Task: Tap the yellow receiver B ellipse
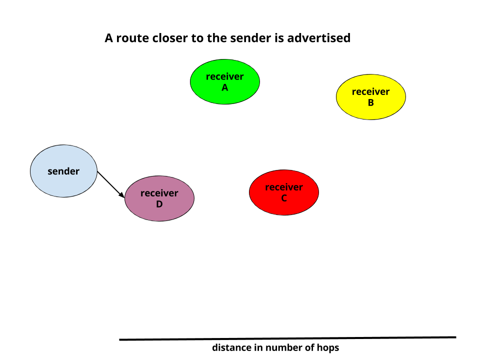(370, 111)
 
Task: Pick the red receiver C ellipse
(284, 206)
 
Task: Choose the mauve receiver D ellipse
(159, 212)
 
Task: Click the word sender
(63, 171)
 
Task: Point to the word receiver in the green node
(225, 76)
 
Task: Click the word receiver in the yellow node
(370, 91)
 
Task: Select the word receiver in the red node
(284, 187)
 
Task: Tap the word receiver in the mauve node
(159, 193)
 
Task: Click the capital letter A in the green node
(225, 87)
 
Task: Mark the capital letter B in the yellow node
(370, 102)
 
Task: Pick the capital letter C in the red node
(284, 198)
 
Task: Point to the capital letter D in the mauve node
(159, 204)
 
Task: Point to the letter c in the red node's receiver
(276, 187)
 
